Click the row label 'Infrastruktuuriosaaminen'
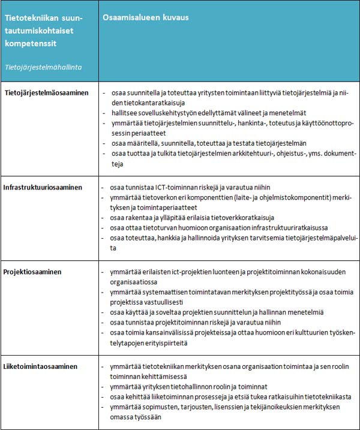click(x=43, y=187)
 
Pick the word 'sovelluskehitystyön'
click(x=166, y=113)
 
